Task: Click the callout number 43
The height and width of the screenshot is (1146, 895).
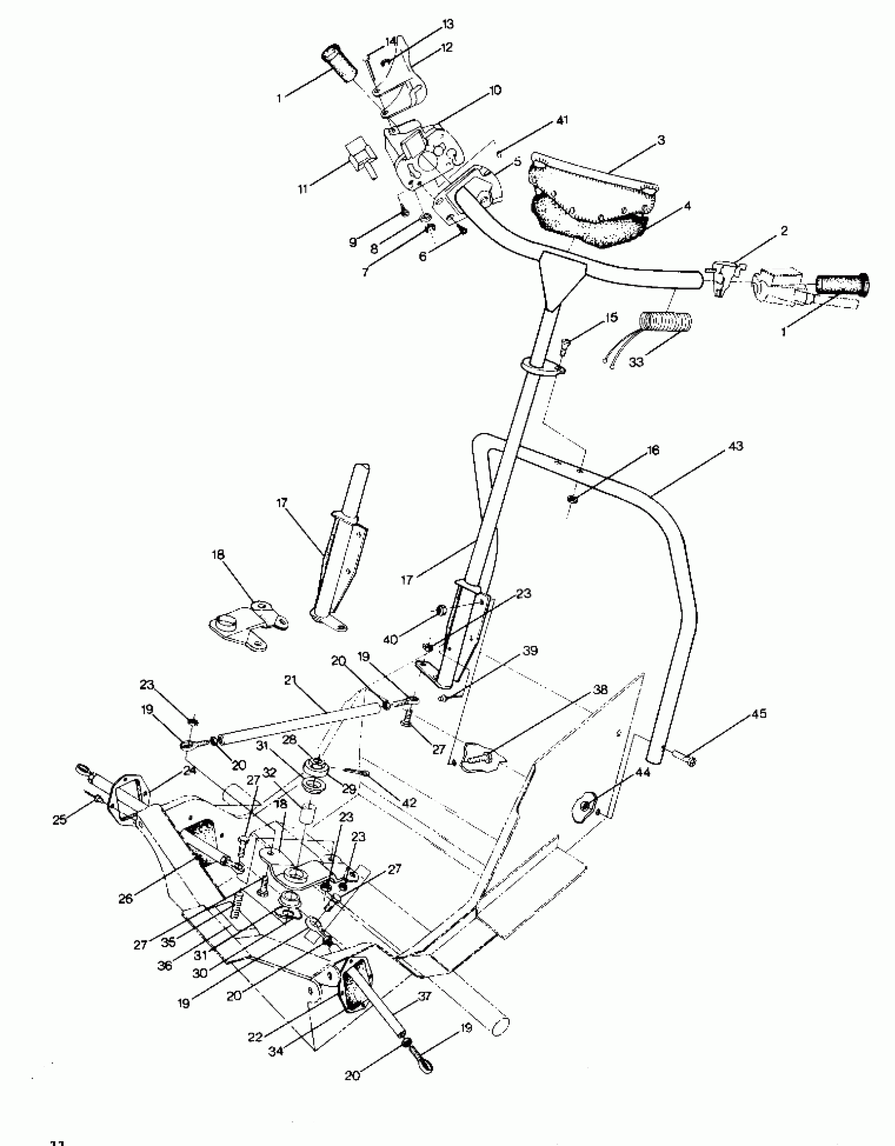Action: tap(735, 446)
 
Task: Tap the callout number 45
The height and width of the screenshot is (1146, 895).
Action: tap(759, 714)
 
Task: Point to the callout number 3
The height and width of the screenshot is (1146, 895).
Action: tap(661, 140)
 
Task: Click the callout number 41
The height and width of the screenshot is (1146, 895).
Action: tap(562, 120)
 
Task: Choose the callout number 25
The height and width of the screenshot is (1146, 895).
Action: tap(59, 819)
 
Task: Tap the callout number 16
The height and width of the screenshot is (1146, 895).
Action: tap(653, 450)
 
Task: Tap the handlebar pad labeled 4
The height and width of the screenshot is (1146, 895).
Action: tap(590, 221)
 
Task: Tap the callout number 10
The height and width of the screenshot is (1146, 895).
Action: tap(495, 91)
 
